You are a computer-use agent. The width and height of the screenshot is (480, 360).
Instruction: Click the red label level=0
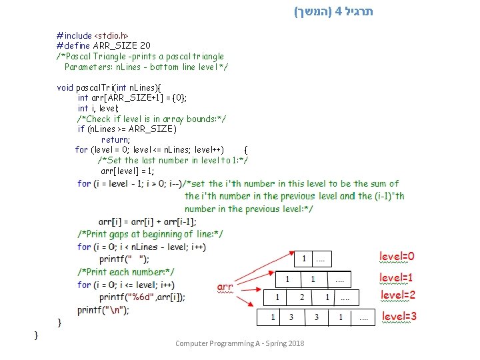(397, 256)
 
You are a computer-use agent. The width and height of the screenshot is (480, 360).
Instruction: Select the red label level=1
(397, 277)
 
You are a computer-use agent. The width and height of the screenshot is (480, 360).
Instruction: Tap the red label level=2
(398, 295)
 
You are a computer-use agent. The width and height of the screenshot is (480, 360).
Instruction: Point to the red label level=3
(399, 316)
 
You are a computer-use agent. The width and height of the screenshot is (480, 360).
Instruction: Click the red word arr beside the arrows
(225, 287)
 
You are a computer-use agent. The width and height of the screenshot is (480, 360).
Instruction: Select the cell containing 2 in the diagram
(301, 297)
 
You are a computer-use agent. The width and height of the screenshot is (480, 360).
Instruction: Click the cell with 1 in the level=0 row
(305, 258)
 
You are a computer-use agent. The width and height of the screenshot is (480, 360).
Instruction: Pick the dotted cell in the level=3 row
(363, 318)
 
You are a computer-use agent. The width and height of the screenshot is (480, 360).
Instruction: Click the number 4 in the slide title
(339, 11)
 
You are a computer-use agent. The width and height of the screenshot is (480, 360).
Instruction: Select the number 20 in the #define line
(145, 45)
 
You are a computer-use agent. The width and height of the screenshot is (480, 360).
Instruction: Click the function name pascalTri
(95, 87)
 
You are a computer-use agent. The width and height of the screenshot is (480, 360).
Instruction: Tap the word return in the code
(115, 139)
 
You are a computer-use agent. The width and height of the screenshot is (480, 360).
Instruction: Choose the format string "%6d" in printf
(147, 297)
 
